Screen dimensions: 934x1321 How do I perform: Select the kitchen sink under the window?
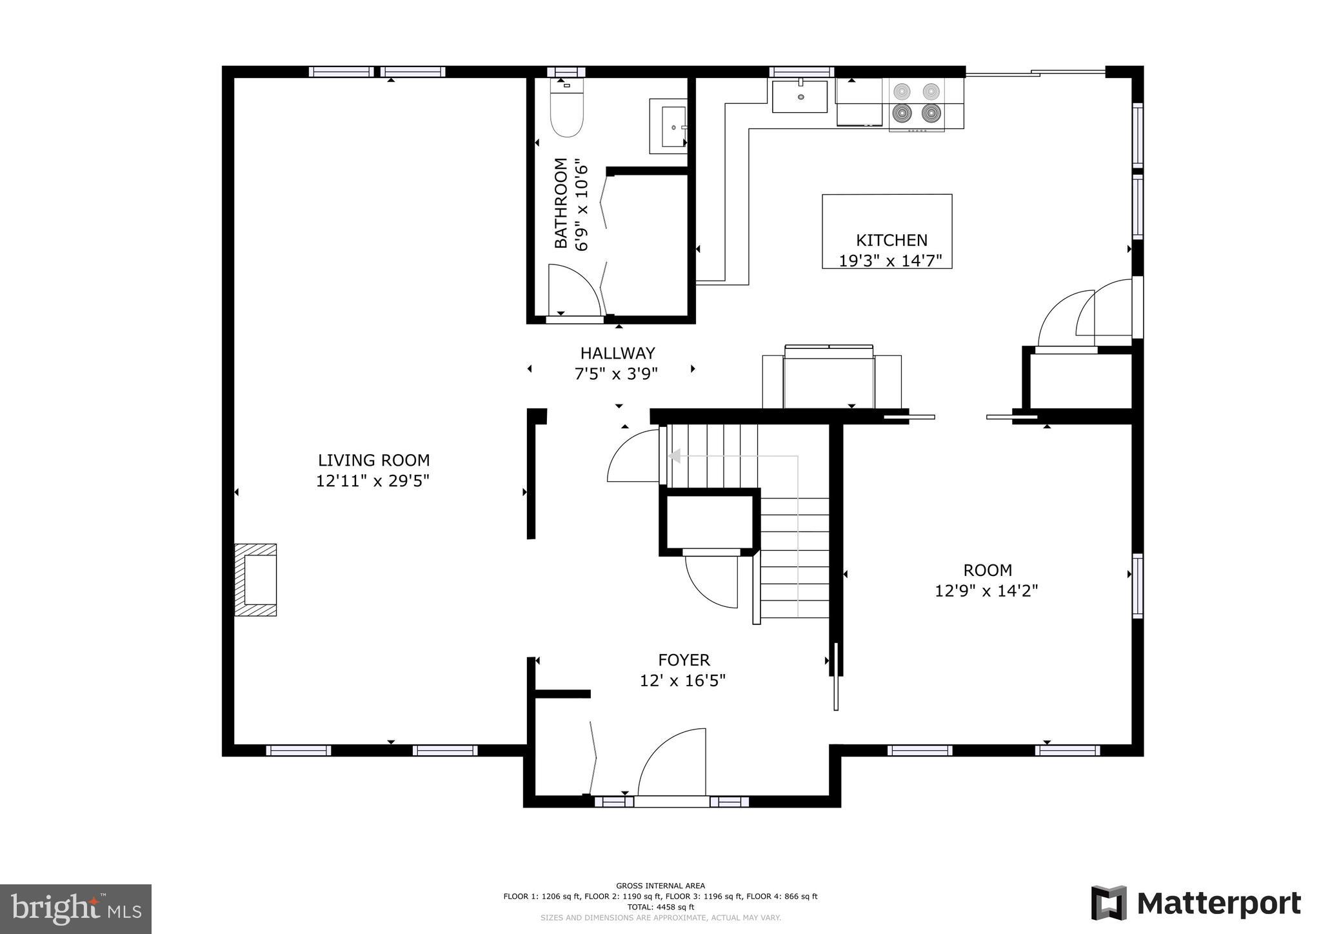click(800, 96)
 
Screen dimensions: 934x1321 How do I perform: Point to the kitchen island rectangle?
click(886, 213)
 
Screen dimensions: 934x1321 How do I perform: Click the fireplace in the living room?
click(256, 579)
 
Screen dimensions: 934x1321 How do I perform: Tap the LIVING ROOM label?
click(373, 461)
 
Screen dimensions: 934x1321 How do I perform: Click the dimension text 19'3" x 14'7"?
click(890, 261)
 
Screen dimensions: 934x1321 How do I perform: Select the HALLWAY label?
click(617, 353)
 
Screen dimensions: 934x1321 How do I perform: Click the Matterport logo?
click(1195, 903)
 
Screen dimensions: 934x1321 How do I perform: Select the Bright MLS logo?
click(76, 909)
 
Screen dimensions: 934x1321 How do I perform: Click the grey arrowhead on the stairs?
click(675, 456)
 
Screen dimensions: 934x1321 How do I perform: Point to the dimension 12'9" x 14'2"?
click(986, 591)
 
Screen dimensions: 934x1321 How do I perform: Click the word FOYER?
click(684, 660)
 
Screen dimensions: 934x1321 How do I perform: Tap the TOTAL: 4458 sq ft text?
click(660, 907)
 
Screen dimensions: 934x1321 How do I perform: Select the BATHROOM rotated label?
click(561, 203)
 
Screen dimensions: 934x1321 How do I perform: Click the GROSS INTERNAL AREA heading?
click(660, 886)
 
